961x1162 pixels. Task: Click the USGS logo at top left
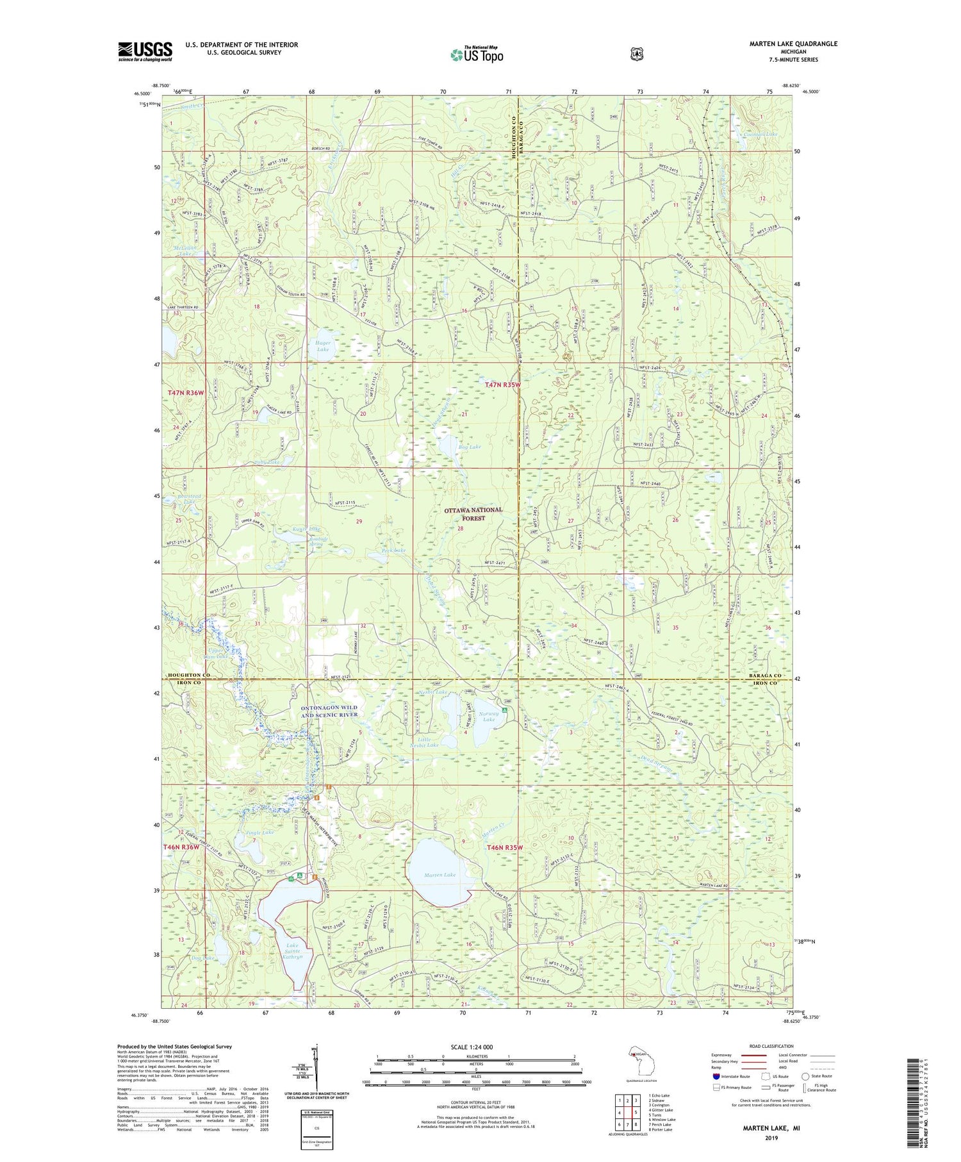point(145,51)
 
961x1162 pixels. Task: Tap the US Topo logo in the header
point(477,54)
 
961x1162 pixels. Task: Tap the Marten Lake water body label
point(439,875)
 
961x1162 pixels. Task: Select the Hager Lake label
point(323,346)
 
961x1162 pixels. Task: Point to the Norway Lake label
point(489,716)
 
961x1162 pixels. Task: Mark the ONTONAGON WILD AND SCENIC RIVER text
point(329,711)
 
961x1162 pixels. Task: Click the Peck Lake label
point(393,551)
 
